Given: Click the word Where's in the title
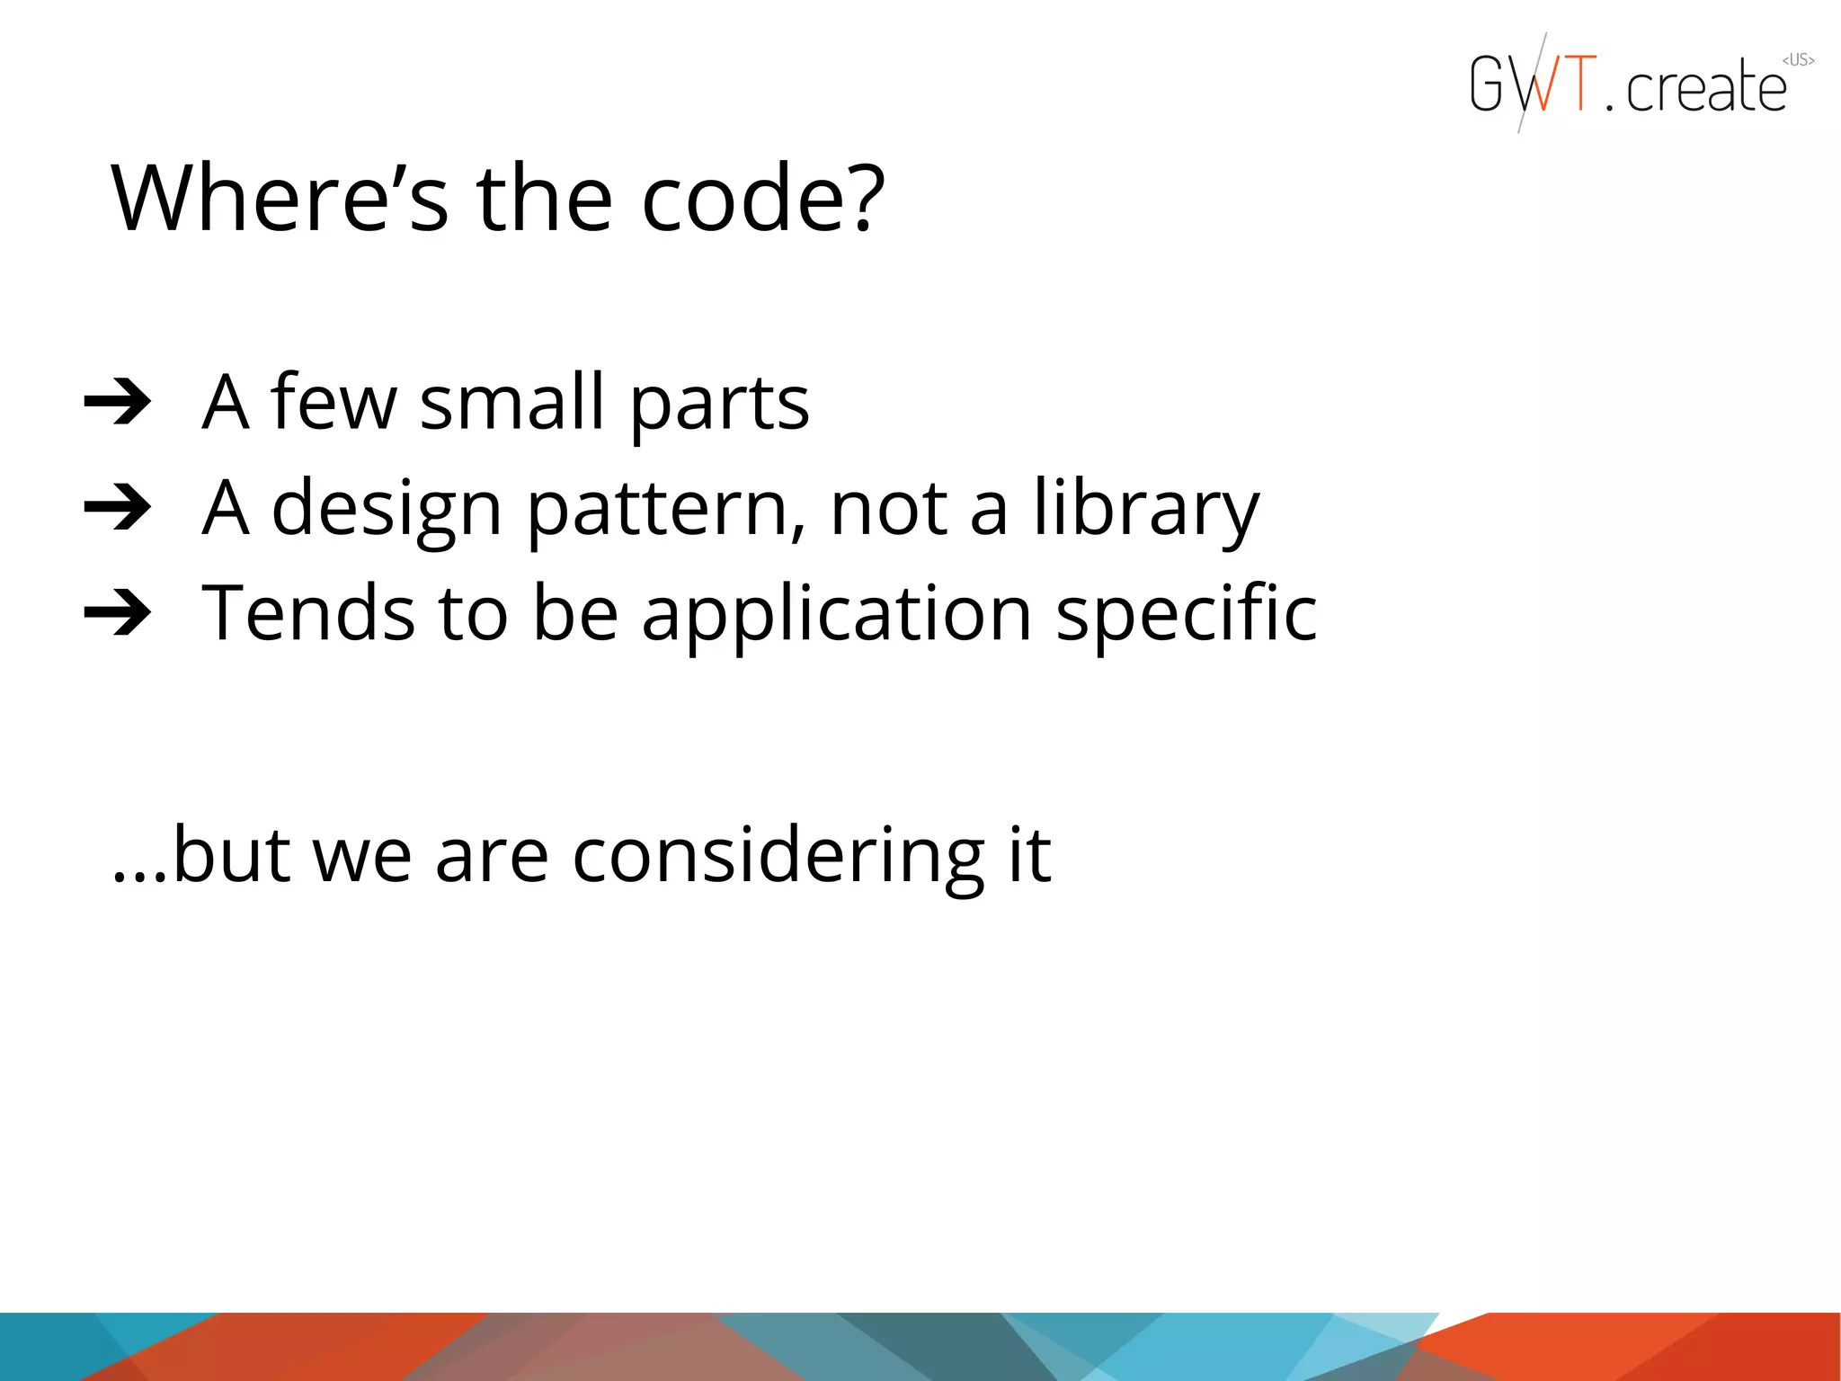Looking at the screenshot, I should [x=279, y=199].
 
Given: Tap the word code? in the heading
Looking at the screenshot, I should [x=763, y=199].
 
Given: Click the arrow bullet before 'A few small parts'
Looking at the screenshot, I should [x=118, y=402].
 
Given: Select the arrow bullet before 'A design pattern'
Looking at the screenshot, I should [x=118, y=508].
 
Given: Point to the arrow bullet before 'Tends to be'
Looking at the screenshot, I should [x=118, y=613].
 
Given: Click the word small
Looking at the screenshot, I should [x=511, y=402].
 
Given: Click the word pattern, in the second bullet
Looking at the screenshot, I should [x=665, y=511].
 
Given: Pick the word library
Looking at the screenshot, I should [x=1145, y=511].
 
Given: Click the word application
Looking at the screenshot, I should [x=837, y=617].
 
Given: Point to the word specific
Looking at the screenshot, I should [x=1187, y=617].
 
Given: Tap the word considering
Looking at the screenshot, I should [x=778, y=857].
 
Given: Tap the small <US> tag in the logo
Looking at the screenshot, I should [x=1798, y=60].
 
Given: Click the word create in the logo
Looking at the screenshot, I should [x=1706, y=87].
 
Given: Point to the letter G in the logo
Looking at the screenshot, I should [x=1487, y=84].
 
